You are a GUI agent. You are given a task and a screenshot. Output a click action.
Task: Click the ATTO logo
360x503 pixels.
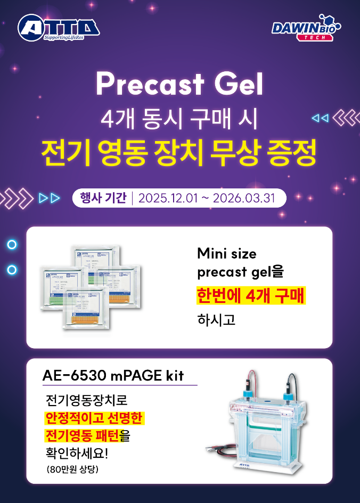[58, 28]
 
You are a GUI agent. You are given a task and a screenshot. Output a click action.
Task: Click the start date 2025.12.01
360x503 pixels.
[167, 199]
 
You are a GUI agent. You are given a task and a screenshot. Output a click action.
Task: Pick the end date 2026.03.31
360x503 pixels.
[243, 199]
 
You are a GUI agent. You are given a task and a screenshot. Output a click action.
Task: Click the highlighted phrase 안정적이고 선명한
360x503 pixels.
[94, 418]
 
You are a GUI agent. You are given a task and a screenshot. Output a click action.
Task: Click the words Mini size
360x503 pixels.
[226, 252]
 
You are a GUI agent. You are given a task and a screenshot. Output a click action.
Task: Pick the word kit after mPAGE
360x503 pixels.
[173, 375]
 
